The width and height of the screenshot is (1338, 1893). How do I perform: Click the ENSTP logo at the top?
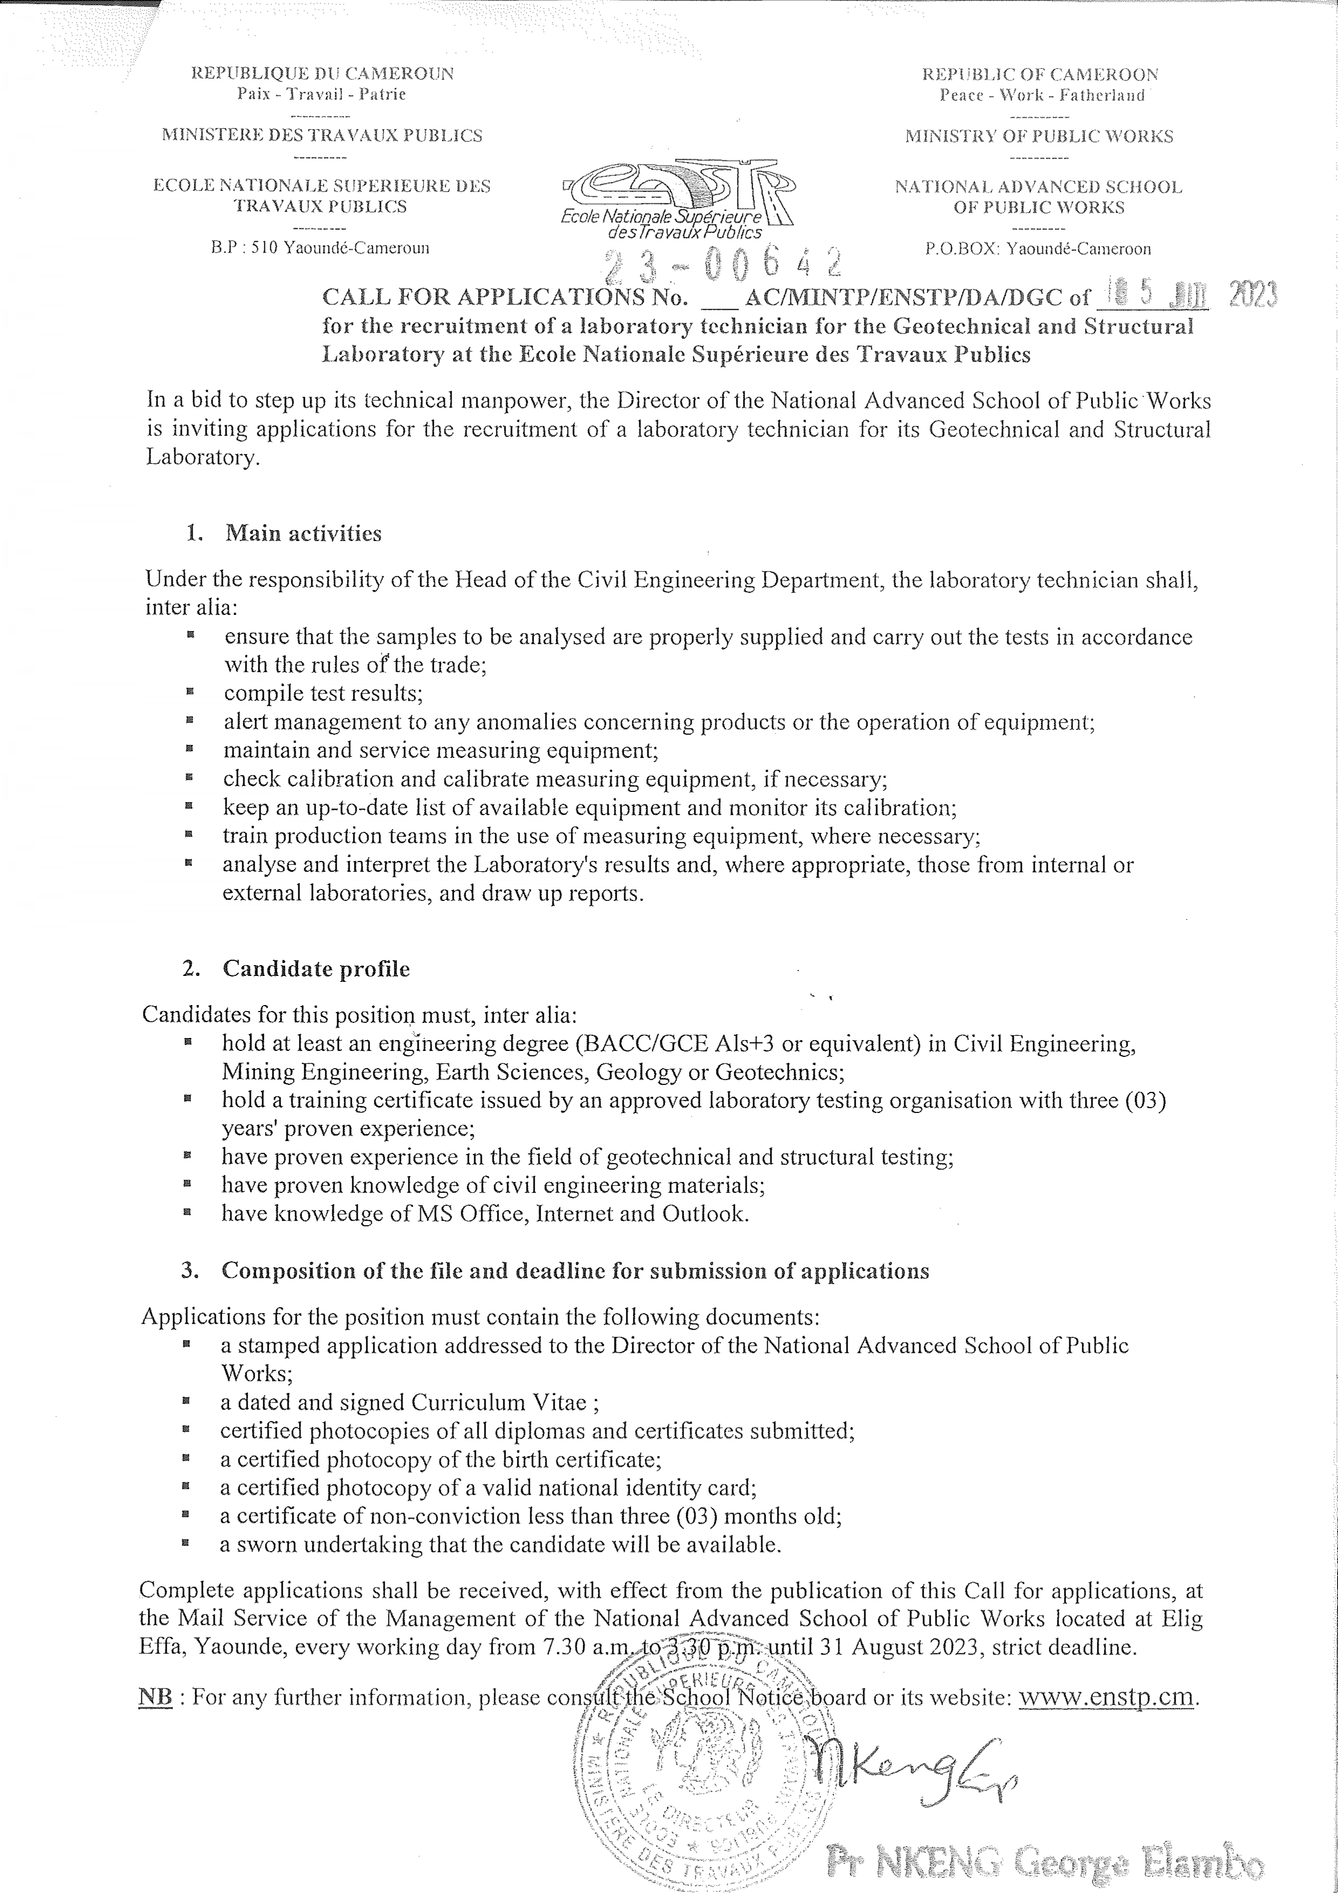click(x=676, y=198)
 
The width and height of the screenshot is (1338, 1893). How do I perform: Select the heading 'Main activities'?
click(x=303, y=534)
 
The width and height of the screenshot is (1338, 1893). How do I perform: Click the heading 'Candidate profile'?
click(x=316, y=969)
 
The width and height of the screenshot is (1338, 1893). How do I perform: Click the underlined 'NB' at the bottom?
click(x=156, y=1698)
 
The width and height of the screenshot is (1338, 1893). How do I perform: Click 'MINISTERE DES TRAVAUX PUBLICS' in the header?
click(x=322, y=135)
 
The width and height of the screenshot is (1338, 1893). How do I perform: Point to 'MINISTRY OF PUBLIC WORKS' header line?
click(x=1039, y=136)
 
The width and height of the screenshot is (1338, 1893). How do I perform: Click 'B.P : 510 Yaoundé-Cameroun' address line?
click(x=320, y=247)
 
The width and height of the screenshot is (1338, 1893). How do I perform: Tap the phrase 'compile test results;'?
click(x=323, y=693)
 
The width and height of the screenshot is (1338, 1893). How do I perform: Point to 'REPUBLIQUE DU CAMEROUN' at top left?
click(x=322, y=73)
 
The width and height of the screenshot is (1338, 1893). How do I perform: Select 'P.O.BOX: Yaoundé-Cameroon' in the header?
click(x=1038, y=248)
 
